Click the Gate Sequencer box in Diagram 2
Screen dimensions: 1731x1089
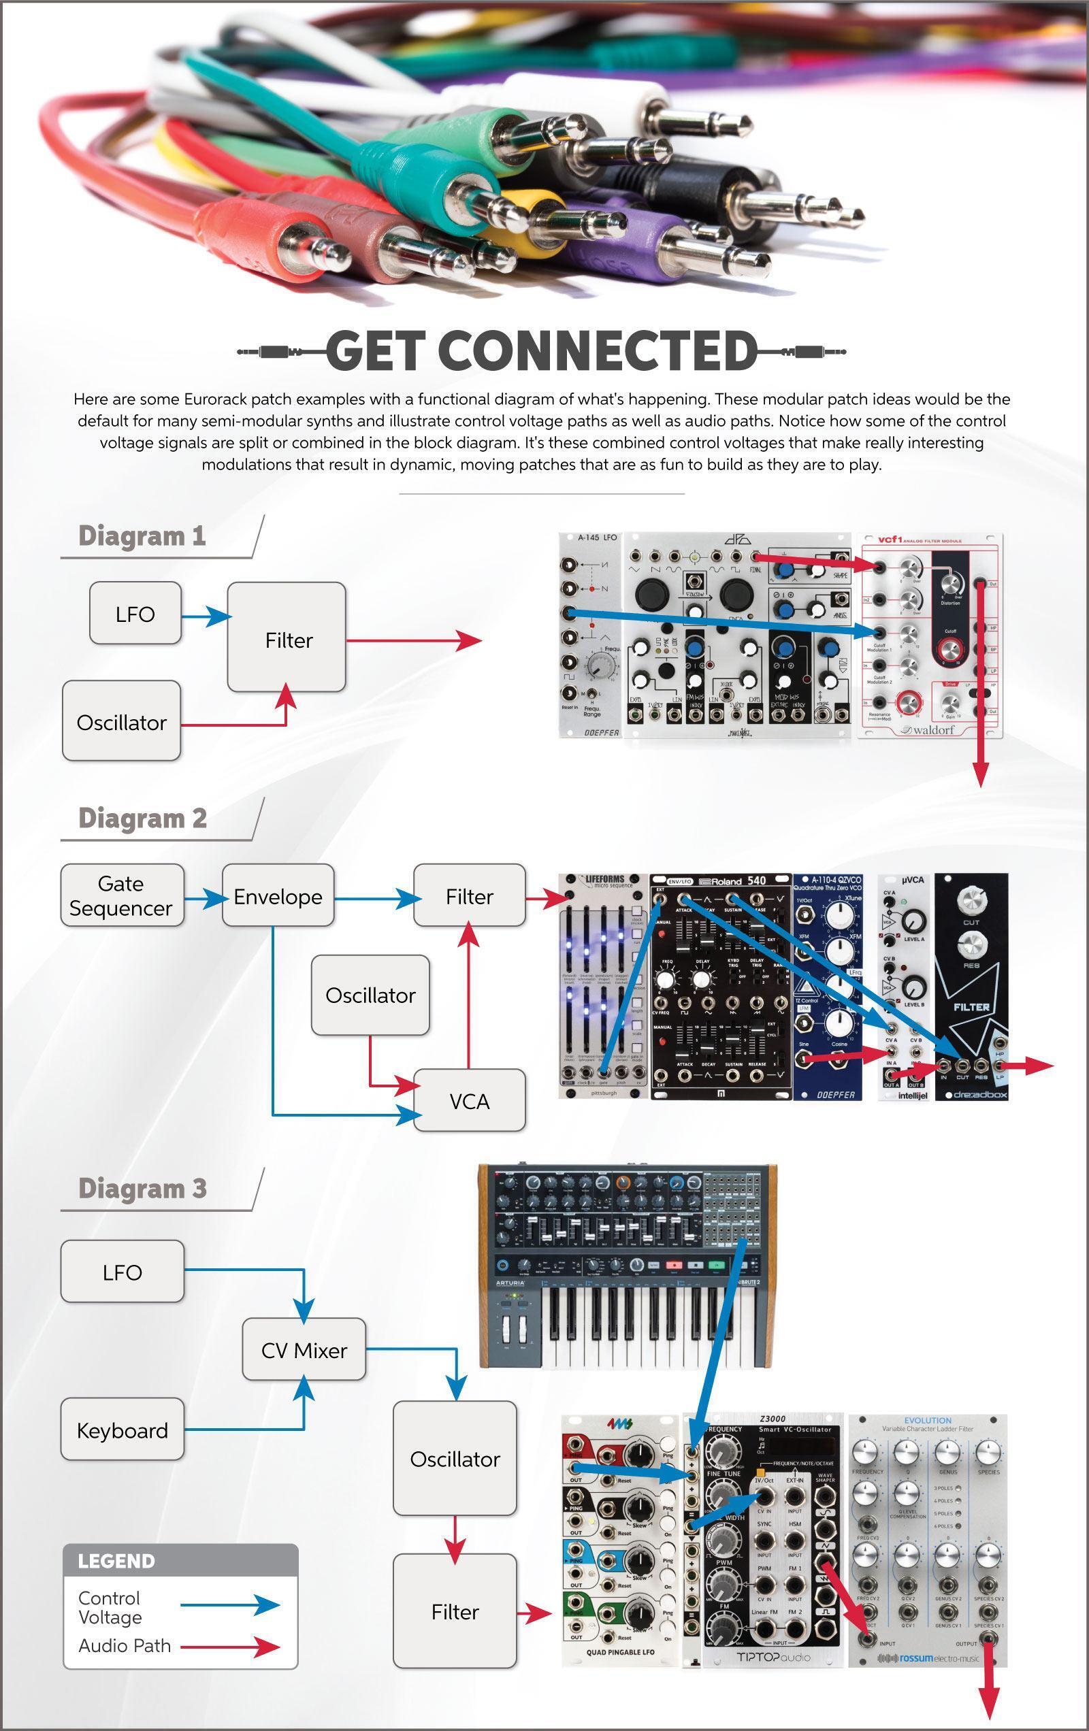[x=122, y=895]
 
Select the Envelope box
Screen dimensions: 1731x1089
[x=278, y=895]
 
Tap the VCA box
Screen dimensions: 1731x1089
[x=469, y=1100]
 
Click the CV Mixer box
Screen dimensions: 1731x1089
[x=304, y=1350]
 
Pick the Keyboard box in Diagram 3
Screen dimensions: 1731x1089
[x=122, y=1430]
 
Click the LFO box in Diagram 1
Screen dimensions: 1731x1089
[x=135, y=614]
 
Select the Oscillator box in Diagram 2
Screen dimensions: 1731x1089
[x=370, y=995]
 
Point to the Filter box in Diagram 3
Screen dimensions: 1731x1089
[x=455, y=1612]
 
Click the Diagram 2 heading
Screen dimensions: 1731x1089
[x=142, y=818]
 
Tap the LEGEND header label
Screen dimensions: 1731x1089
[x=116, y=1562]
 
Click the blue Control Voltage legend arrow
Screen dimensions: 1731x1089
[x=230, y=1605]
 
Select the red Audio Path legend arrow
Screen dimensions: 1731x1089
[x=230, y=1646]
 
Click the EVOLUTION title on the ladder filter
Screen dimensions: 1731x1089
[x=928, y=1421]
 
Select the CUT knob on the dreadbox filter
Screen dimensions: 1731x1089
[x=971, y=902]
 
